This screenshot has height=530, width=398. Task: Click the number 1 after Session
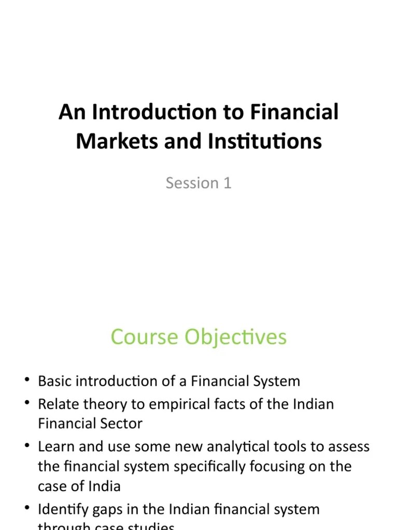227,183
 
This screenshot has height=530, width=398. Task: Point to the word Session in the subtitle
192,183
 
